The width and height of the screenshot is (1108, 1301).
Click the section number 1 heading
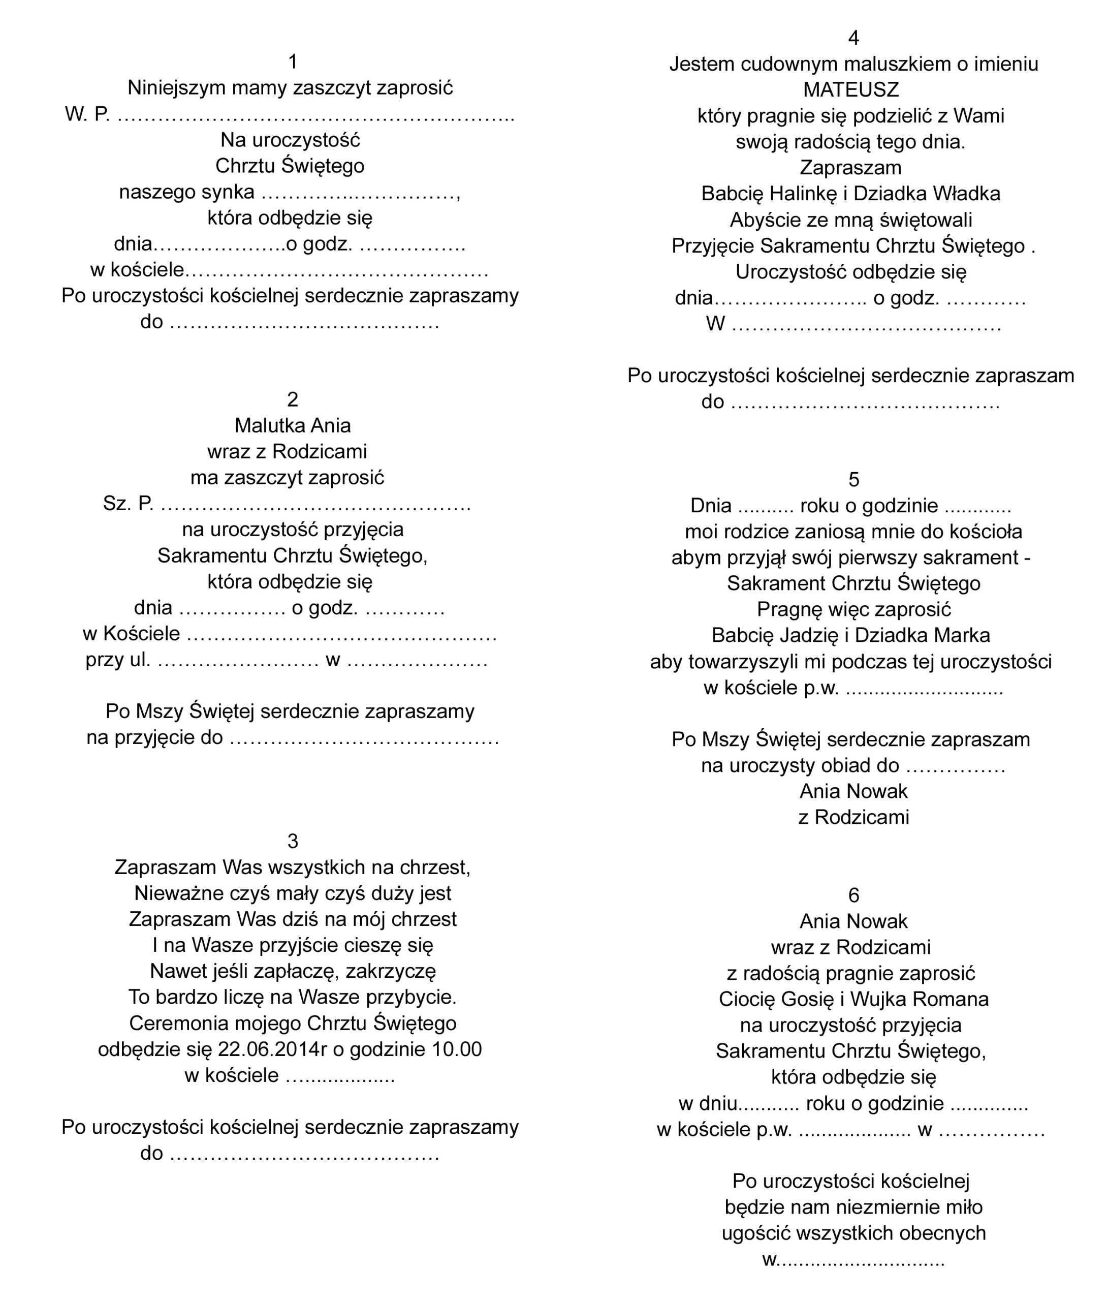pos(293,61)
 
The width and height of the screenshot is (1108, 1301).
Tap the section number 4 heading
pos(853,38)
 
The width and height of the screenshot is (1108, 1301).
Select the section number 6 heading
pos(853,895)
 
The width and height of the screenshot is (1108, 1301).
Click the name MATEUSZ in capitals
pos(851,90)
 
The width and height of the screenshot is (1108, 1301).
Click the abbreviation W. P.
pos(87,114)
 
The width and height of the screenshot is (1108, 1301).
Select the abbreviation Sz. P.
pos(128,504)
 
